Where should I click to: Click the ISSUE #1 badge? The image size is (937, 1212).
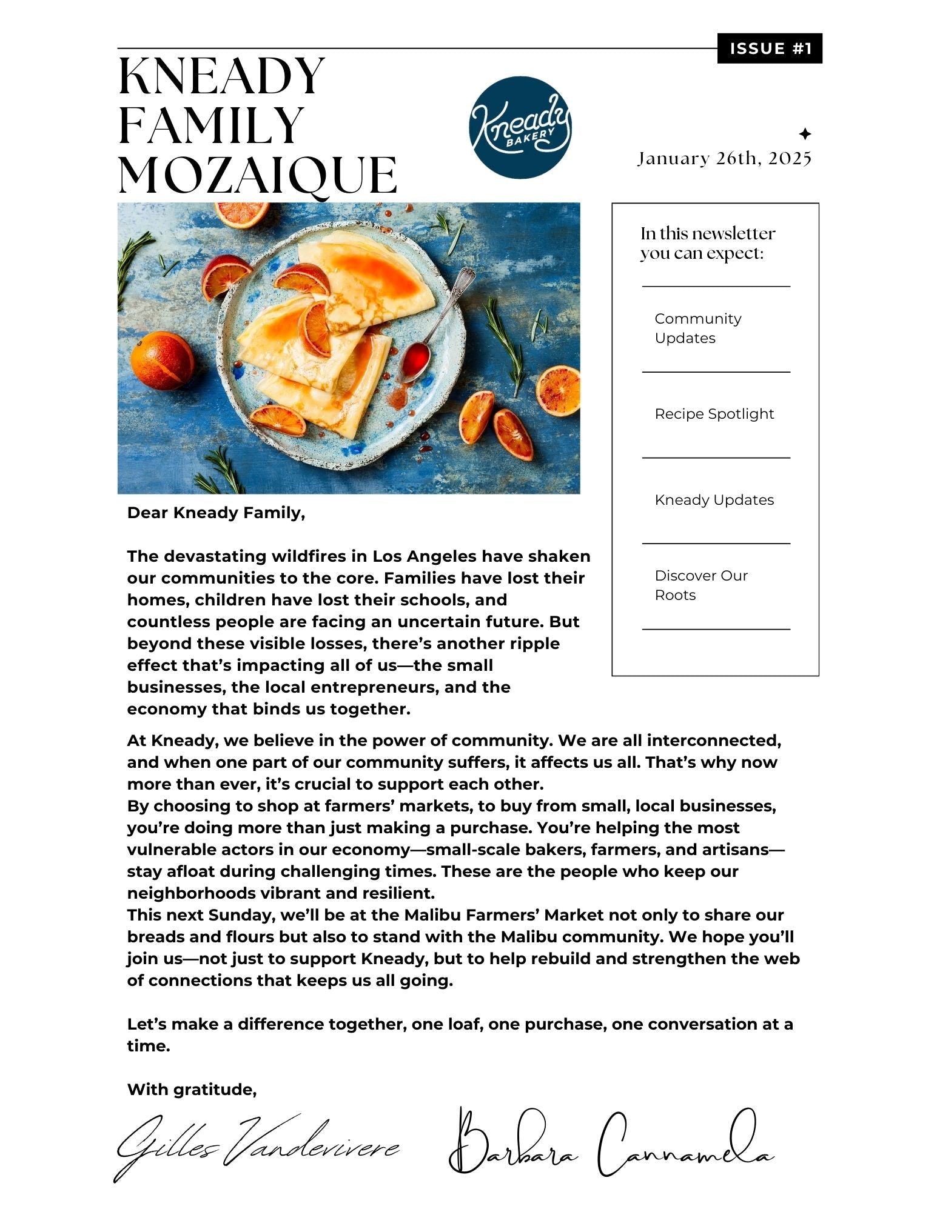pos(770,48)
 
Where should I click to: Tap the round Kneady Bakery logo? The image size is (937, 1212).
pos(520,127)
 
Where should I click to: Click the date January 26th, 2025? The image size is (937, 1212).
pos(724,159)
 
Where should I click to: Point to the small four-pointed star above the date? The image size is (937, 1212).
pos(805,134)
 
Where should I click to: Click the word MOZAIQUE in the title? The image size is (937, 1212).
pos(258,175)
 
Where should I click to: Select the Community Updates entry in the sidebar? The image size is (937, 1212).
pos(697,328)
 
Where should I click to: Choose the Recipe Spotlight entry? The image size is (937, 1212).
pos(714,414)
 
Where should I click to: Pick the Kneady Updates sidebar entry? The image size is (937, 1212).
pos(714,500)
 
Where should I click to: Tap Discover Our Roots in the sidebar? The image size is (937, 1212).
pos(700,585)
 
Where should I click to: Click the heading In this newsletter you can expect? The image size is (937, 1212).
pos(707,243)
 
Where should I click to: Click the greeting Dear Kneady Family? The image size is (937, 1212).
pos(216,513)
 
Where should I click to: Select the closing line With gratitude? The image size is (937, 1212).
pos(192,1090)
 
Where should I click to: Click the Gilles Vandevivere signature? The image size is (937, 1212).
pos(258,1147)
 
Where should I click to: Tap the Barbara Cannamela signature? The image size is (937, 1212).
pos(610,1143)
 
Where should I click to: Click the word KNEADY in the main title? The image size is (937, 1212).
pos(222,76)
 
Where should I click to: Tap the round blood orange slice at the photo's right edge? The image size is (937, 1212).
pos(557,390)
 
